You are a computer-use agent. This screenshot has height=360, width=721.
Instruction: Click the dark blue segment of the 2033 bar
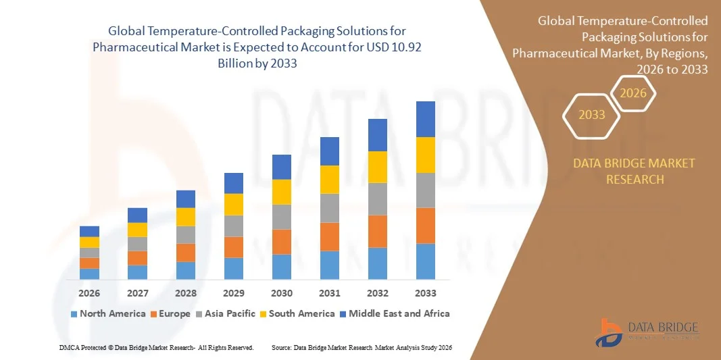point(425,119)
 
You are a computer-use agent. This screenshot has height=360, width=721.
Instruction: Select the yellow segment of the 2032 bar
point(377,167)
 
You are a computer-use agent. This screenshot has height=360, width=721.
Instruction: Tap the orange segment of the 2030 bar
point(281,241)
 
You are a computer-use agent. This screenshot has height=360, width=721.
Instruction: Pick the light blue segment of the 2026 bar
point(89,274)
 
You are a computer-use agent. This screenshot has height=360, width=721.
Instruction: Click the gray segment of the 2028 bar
point(185,234)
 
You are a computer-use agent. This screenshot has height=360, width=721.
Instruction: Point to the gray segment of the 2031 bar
point(329,208)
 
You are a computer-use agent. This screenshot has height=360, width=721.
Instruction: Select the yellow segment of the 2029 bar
point(233,204)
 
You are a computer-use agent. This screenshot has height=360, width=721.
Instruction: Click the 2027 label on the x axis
point(137,293)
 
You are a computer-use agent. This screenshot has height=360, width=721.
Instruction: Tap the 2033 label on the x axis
point(425,293)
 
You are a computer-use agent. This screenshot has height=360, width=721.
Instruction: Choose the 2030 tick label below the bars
point(281,293)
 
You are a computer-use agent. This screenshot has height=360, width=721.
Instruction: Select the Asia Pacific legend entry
point(226,313)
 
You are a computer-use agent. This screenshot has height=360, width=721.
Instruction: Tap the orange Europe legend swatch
point(154,314)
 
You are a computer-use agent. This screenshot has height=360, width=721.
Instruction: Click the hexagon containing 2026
point(633,93)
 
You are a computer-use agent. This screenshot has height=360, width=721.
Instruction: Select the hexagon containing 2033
point(592,115)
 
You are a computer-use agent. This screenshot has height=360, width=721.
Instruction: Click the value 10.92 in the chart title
point(407,47)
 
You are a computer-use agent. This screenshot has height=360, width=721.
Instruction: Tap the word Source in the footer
point(282,347)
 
